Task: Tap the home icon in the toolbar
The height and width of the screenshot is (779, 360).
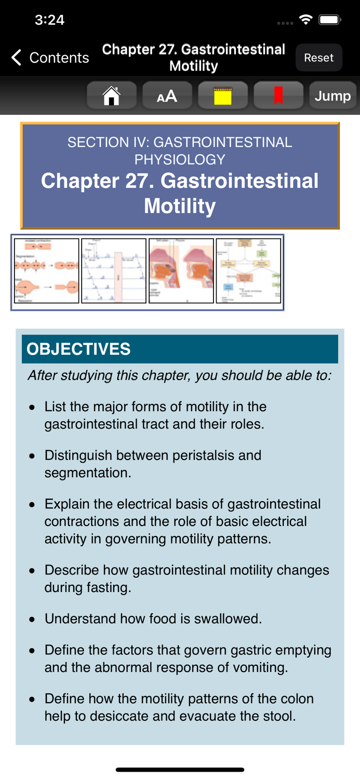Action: click(x=112, y=96)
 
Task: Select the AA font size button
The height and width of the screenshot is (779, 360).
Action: click(x=167, y=96)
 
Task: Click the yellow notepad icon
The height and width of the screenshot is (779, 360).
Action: click(x=223, y=96)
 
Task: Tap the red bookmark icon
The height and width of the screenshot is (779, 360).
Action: click(x=278, y=96)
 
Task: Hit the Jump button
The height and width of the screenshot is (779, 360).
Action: click(x=332, y=96)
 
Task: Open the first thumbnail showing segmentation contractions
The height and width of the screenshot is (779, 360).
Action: click(x=47, y=271)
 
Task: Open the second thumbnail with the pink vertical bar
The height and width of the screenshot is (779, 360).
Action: click(x=114, y=271)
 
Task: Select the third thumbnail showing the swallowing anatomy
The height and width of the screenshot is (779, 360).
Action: click(x=181, y=271)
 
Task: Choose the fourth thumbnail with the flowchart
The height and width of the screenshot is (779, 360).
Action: click(x=248, y=271)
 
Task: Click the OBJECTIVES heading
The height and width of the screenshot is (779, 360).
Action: click(x=78, y=349)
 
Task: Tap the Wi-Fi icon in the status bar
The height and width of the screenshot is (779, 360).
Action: click(x=306, y=20)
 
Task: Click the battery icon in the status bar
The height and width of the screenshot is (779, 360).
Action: click(x=329, y=20)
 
